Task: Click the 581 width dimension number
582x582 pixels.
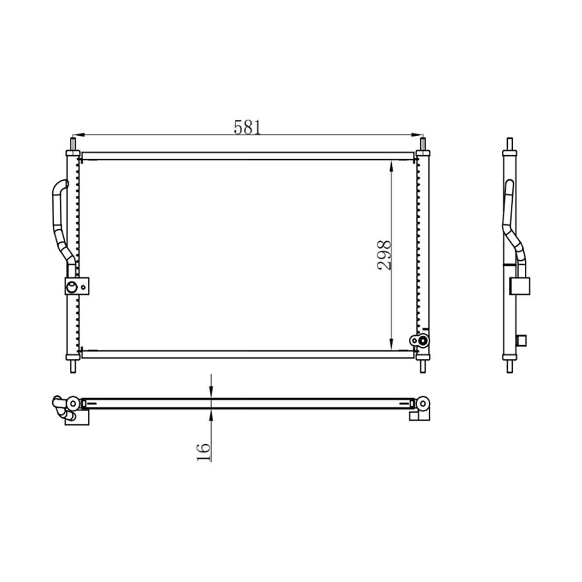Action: click(x=247, y=127)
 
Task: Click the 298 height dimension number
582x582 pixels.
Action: click(x=384, y=255)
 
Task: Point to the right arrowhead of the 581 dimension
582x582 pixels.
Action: click(x=417, y=135)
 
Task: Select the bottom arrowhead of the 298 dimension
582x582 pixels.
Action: click(x=391, y=344)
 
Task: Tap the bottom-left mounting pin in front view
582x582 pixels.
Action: click(x=73, y=366)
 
